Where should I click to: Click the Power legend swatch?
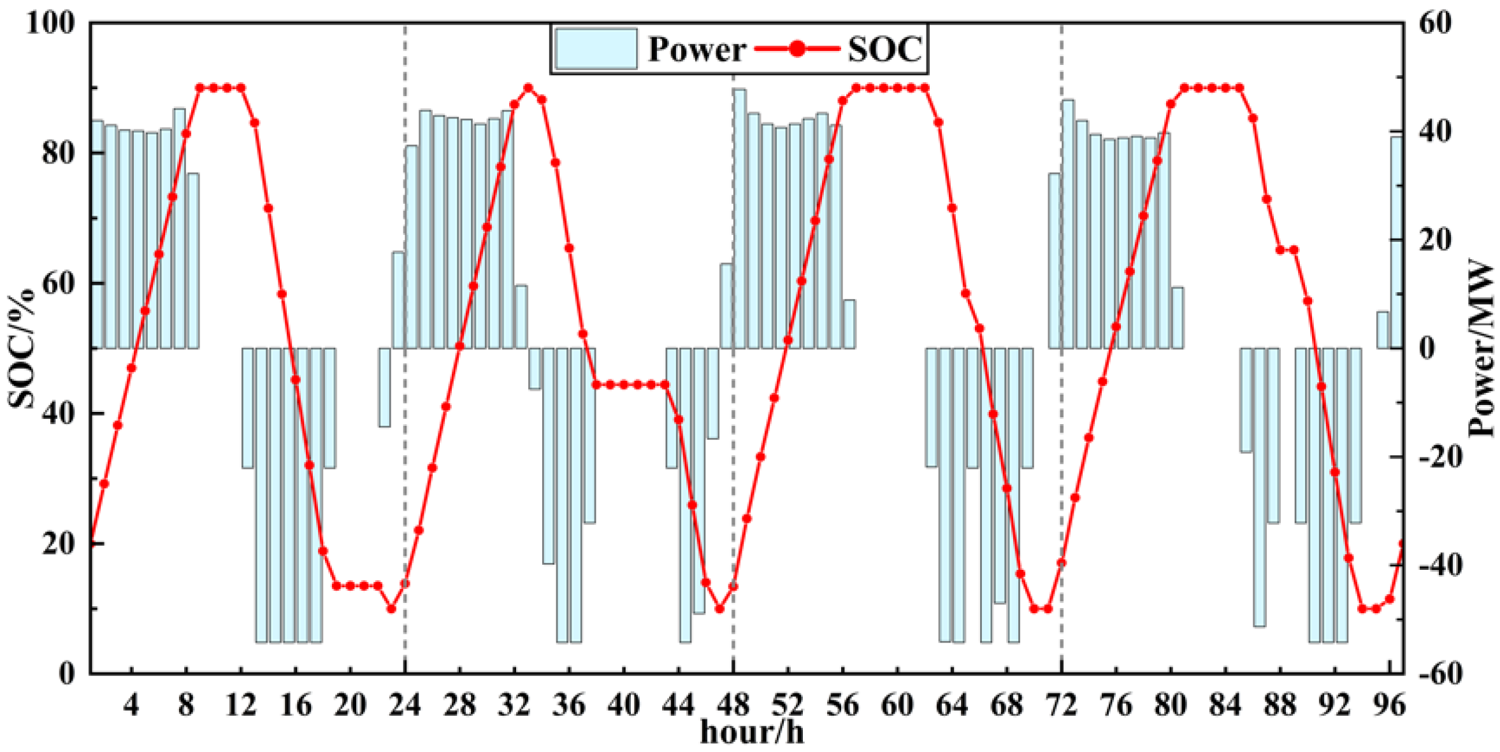point(595,48)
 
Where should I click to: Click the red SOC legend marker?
point(797,48)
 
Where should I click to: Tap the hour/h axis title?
point(752,732)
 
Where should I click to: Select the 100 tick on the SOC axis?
point(50,23)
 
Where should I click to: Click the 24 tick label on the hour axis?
point(405,705)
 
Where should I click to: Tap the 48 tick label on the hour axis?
point(733,705)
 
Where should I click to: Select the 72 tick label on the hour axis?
point(1062,705)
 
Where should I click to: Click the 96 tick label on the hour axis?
point(1390,705)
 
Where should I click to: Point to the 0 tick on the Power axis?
point(1427,348)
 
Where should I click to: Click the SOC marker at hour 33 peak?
point(528,88)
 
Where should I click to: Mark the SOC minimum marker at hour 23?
point(391,609)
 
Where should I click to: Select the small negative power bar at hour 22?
point(384,387)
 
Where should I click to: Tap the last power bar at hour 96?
point(1396,242)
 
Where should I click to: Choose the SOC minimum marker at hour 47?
point(719,609)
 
